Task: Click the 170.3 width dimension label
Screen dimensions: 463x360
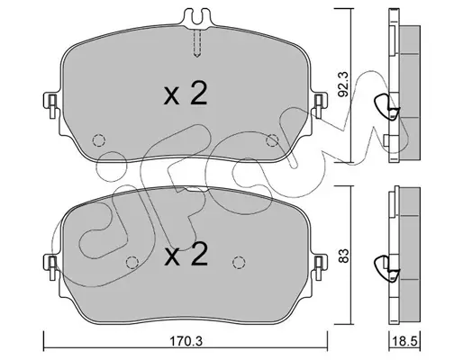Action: [186, 341]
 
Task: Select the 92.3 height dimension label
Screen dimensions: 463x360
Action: [342, 83]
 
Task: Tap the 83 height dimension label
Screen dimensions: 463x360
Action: [343, 256]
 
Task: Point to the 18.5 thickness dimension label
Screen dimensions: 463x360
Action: [404, 342]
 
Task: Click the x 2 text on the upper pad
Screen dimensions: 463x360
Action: [186, 94]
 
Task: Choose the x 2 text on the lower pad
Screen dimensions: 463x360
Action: [186, 254]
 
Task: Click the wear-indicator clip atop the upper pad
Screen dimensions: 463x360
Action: [197, 18]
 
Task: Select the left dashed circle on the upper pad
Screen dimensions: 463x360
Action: [98, 140]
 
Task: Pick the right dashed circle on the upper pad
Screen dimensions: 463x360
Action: [273, 140]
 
